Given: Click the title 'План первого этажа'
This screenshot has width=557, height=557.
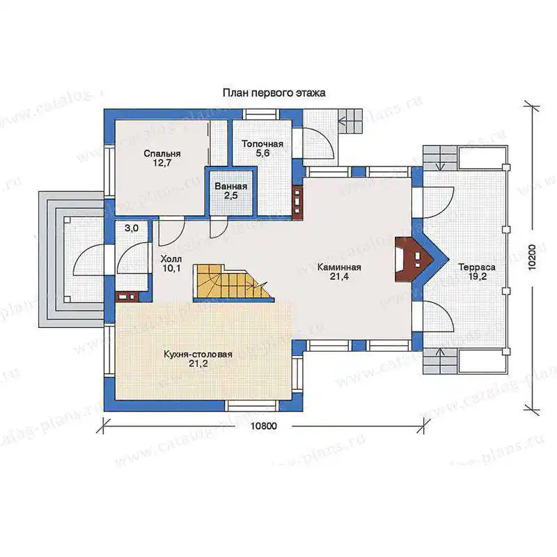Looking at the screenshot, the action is [x=274, y=93].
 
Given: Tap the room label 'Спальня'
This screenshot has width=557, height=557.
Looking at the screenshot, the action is [x=162, y=154].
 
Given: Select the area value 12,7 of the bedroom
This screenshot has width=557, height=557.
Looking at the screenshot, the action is [x=162, y=164].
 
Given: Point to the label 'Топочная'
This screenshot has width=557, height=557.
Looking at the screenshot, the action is [x=262, y=144].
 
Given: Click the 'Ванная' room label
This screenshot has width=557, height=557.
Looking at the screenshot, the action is [x=231, y=187].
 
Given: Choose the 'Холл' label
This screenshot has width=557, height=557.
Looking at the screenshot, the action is [x=171, y=258].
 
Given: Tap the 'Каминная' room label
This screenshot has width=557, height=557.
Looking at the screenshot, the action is [x=339, y=267].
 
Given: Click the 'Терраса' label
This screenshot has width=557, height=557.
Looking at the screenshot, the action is [x=477, y=267].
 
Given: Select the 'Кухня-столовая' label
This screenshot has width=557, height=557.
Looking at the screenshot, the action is [x=198, y=354].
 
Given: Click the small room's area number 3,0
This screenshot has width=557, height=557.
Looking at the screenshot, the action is [x=132, y=228].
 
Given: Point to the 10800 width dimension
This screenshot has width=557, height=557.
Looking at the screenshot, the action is [x=264, y=426].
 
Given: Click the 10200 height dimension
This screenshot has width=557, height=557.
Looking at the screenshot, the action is [x=532, y=258].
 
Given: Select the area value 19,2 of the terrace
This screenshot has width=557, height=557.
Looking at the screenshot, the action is [x=477, y=276].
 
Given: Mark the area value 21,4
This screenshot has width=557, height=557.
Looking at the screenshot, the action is [x=339, y=276].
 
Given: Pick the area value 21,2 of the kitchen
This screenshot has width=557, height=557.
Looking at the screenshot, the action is [x=198, y=363].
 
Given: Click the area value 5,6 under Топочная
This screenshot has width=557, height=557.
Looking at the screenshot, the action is [x=262, y=153].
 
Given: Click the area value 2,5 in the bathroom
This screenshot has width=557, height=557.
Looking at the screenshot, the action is [x=231, y=196].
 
